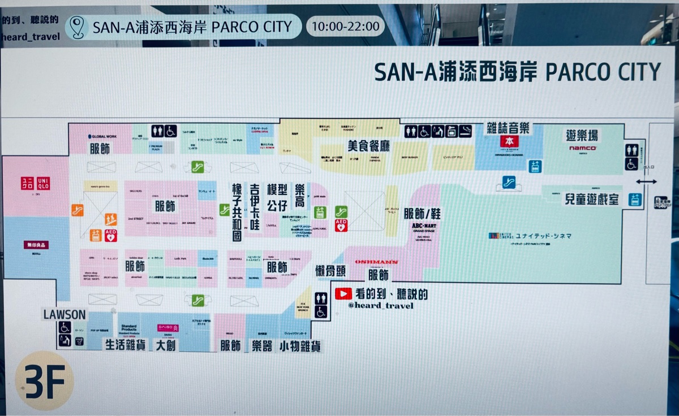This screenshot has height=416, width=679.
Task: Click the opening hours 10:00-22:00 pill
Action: tap(345, 26)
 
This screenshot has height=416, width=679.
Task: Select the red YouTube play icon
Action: tap(343, 294)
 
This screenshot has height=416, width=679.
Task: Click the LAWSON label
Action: tap(64, 314)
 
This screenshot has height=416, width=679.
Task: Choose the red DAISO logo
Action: tap(167, 328)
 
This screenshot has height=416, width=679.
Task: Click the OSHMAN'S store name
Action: tap(376, 262)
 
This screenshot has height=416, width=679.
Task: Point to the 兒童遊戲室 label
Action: tap(591, 200)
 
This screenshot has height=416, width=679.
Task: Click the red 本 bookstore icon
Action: tap(509, 141)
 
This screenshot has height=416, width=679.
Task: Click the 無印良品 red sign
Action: tap(36, 245)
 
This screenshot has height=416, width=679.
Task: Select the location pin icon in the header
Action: tap(78, 27)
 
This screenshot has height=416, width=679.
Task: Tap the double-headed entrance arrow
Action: tap(646, 182)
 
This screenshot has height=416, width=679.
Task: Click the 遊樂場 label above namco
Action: tap(582, 136)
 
